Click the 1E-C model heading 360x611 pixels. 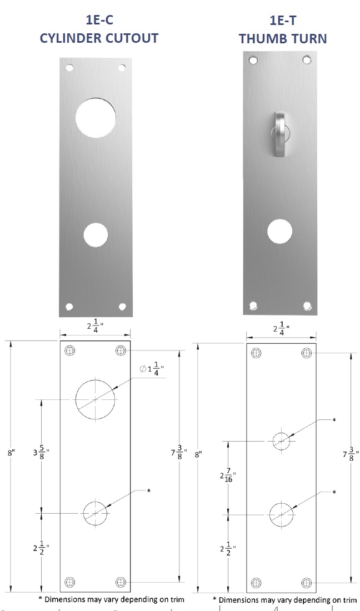[x=99, y=20]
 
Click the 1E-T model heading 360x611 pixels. [x=283, y=20]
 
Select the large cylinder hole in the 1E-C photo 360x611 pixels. [x=96, y=118]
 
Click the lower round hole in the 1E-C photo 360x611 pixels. [x=96, y=235]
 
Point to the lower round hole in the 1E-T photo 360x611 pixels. [x=280, y=232]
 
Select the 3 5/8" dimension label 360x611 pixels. [x=41, y=453]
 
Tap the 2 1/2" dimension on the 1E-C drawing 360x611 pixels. [x=41, y=548]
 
